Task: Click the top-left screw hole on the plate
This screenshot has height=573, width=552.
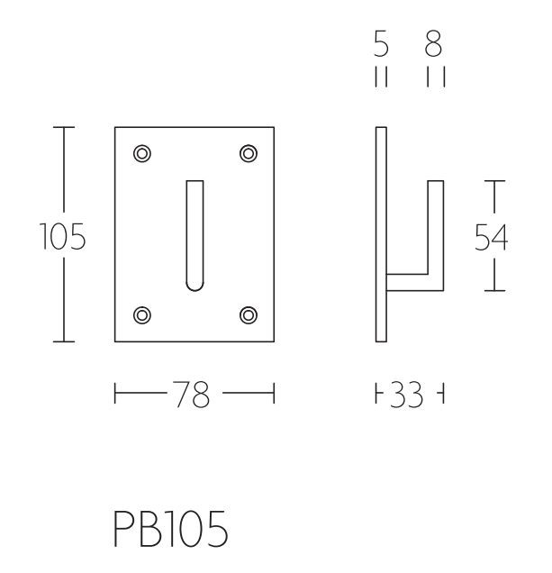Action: [x=141, y=153]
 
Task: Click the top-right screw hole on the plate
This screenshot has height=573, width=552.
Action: [x=249, y=153]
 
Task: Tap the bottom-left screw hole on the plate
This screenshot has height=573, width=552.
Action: [x=141, y=314]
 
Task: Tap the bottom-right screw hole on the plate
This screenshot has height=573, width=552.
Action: [x=249, y=314]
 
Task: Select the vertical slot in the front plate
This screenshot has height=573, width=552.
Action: [x=195, y=234]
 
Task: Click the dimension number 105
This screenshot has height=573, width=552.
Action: [x=62, y=238]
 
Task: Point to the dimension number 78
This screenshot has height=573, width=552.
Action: [x=195, y=395]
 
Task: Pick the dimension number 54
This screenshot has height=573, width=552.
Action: [x=492, y=236]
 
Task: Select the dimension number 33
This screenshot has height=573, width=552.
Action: [x=409, y=395]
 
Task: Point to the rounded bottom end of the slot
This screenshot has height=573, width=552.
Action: [x=195, y=286]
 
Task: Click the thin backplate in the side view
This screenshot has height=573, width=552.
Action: [x=381, y=234]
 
